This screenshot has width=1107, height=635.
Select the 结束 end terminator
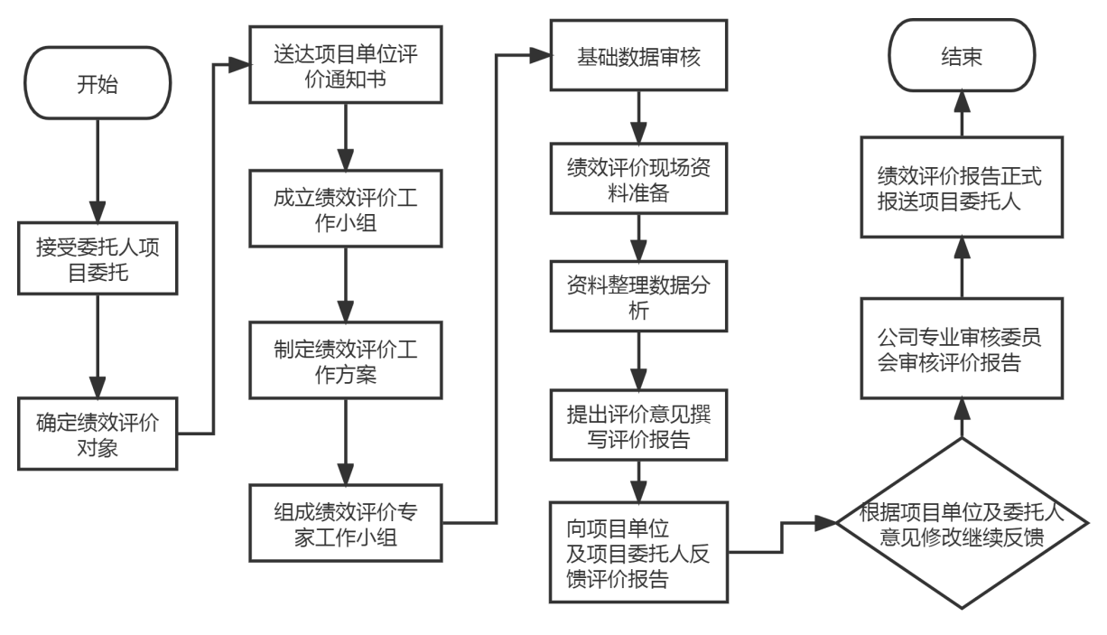[960, 57]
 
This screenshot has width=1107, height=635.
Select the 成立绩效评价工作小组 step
[346, 210]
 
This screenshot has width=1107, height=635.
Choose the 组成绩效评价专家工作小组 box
[346, 522]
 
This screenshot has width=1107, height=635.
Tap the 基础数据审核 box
[639, 57]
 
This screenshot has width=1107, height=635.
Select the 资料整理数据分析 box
[639, 295]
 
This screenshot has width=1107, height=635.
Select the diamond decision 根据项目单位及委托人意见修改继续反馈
[960, 524]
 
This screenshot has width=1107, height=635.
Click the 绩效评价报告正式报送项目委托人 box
[960, 188]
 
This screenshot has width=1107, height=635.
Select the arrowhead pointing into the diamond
[827, 523]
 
